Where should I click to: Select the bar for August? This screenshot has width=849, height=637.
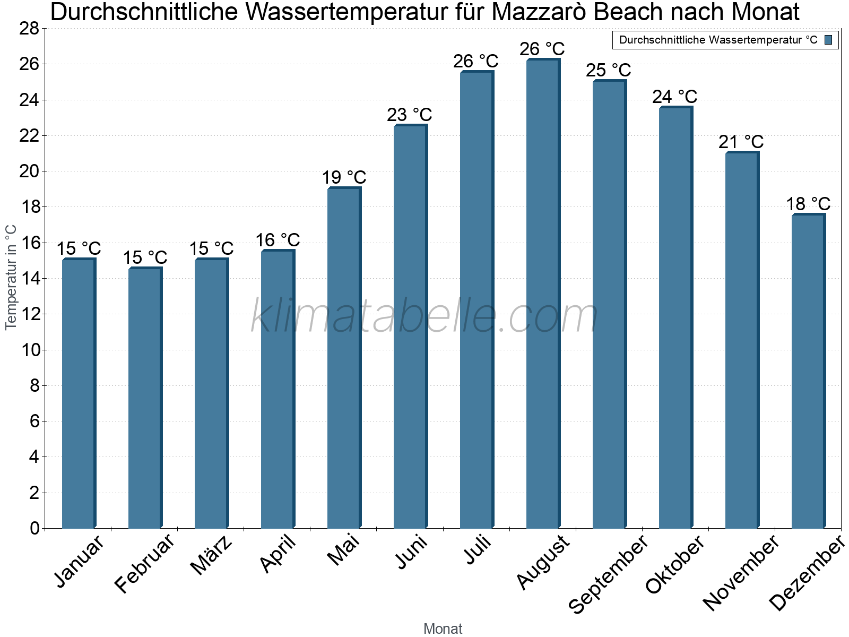(542, 295)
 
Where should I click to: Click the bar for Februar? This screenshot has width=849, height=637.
(144, 398)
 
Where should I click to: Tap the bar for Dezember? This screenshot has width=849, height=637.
(808, 372)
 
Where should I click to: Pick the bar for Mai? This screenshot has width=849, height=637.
(343, 358)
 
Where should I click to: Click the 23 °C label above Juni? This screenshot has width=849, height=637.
(409, 115)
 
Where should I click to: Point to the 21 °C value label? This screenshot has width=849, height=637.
(741, 142)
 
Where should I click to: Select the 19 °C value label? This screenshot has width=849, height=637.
(344, 177)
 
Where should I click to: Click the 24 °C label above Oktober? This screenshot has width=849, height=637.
(674, 97)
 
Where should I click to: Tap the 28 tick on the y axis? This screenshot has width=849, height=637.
(29, 28)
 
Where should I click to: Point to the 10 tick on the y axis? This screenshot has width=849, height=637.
(29, 350)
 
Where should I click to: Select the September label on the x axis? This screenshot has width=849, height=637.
(608, 573)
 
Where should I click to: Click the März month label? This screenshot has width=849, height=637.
(211, 555)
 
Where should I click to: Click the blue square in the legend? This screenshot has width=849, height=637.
(828, 40)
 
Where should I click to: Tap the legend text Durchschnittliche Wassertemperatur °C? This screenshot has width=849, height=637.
(718, 40)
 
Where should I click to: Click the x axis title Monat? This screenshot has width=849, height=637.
(443, 629)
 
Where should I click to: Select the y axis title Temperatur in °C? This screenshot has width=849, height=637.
(11, 277)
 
